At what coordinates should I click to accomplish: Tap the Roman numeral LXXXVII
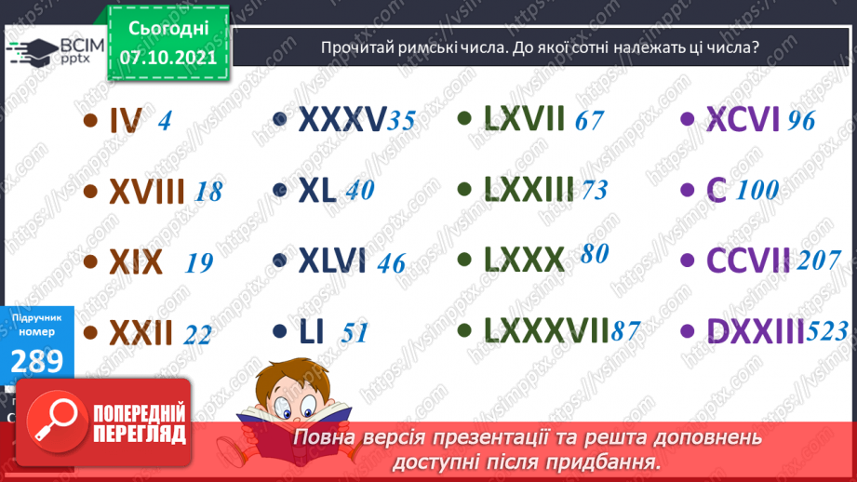(x=547, y=330)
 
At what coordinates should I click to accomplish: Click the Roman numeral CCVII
(x=749, y=261)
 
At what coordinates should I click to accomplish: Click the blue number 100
(x=757, y=191)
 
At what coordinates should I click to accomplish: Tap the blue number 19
(x=199, y=262)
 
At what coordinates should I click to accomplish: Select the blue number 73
(x=595, y=191)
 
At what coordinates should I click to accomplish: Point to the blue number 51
(x=355, y=332)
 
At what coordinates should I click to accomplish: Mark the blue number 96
(x=800, y=121)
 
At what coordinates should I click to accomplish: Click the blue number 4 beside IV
(x=165, y=121)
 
